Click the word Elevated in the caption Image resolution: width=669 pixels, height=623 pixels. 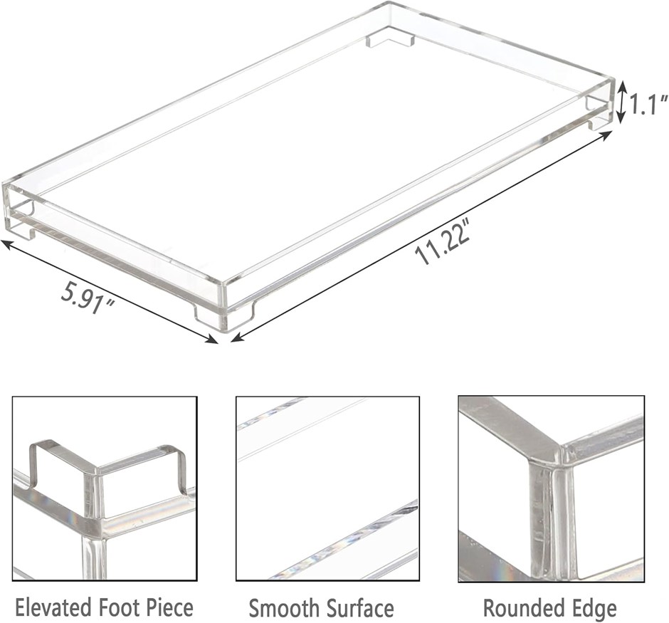(53, 607)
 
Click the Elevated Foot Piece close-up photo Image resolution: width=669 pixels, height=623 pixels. (105, 488)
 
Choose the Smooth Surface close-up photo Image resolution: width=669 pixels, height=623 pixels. (327, 488)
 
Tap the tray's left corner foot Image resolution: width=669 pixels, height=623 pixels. (21, 222)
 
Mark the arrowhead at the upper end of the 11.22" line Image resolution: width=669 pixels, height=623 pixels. (606, 135)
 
